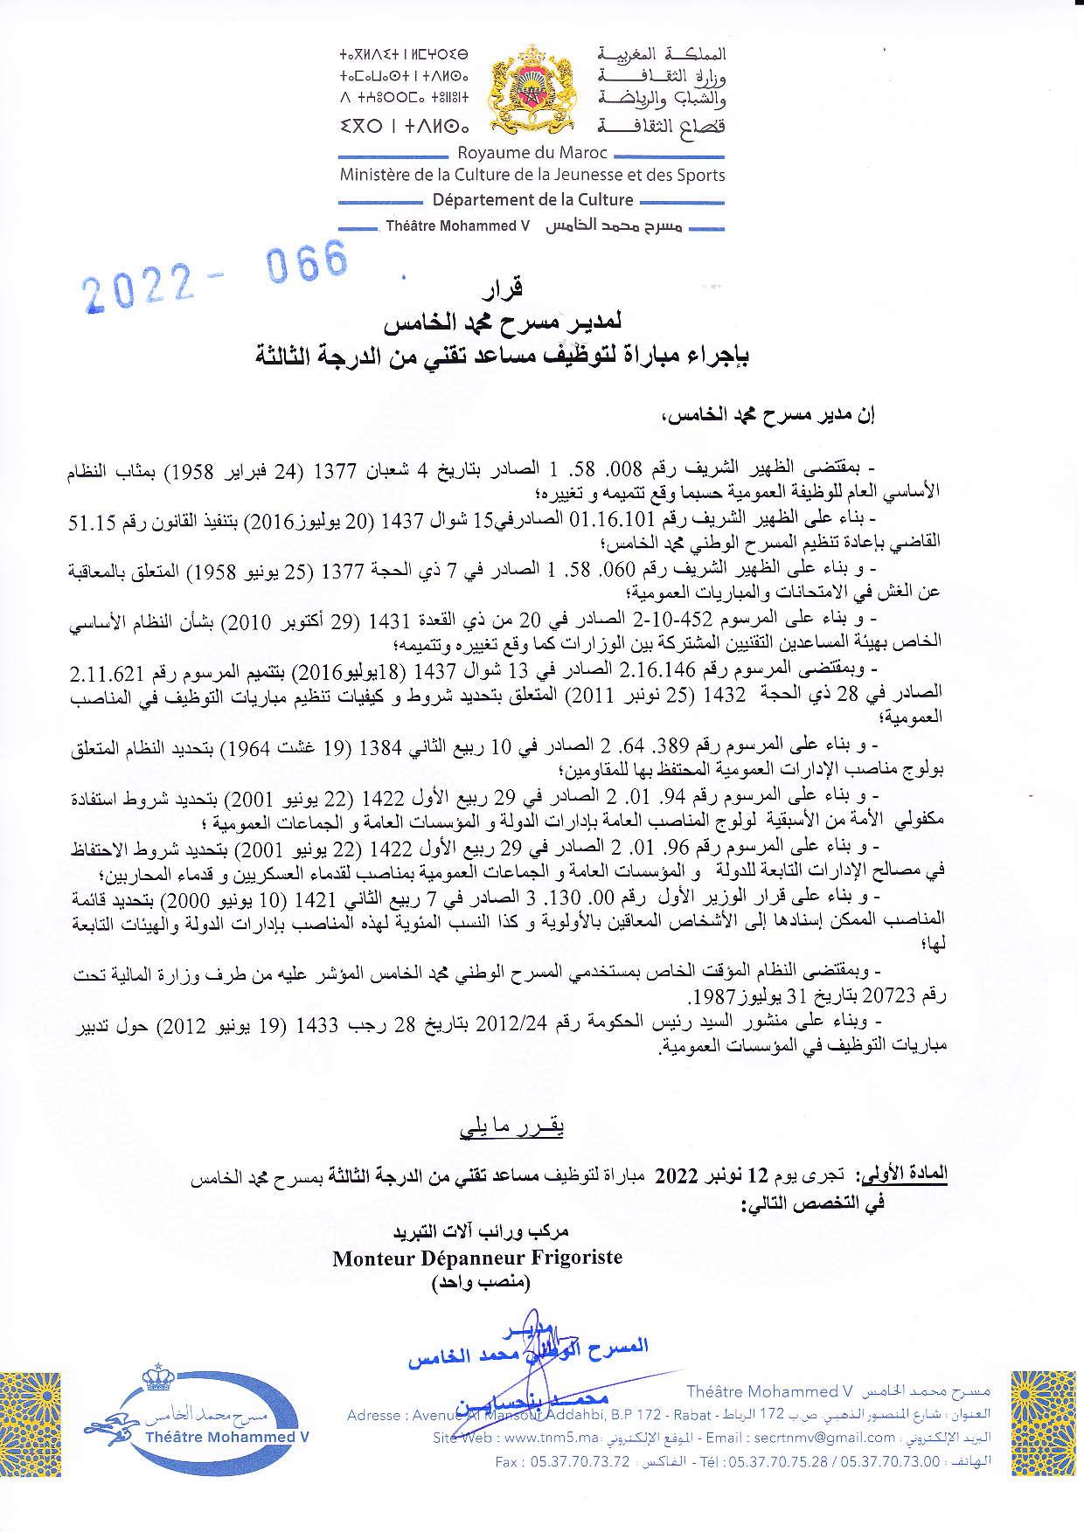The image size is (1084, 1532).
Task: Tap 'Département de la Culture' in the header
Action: pos(532,199)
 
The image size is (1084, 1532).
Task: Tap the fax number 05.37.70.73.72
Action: pos(562,1460)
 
